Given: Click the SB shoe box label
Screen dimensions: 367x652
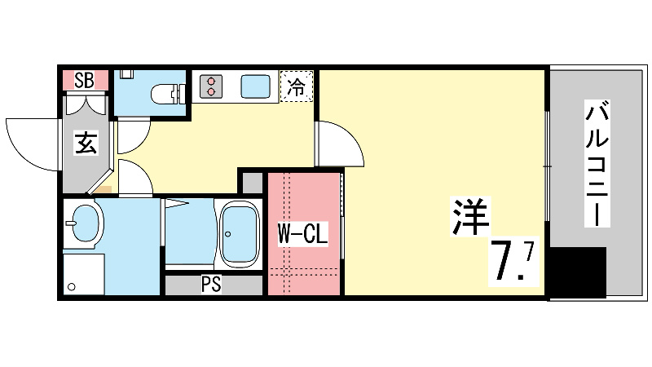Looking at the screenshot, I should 84,80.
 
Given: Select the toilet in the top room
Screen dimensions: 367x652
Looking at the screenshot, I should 168,94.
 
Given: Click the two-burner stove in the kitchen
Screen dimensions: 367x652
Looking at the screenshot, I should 212,86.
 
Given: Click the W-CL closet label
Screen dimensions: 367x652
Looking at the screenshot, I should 302,235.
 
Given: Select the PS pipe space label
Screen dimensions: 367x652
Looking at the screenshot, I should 211,285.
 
